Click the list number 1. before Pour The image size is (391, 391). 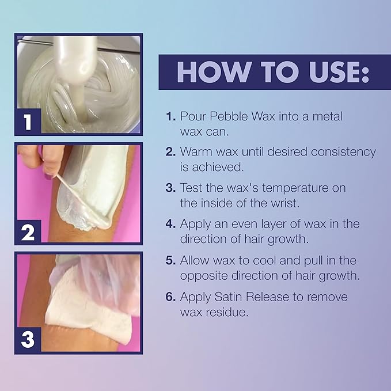click(170, 117)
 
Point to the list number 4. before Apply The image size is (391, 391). click(170, 223)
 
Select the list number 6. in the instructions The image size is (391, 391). click(170, 297)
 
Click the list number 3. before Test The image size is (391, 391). click(170, 188)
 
